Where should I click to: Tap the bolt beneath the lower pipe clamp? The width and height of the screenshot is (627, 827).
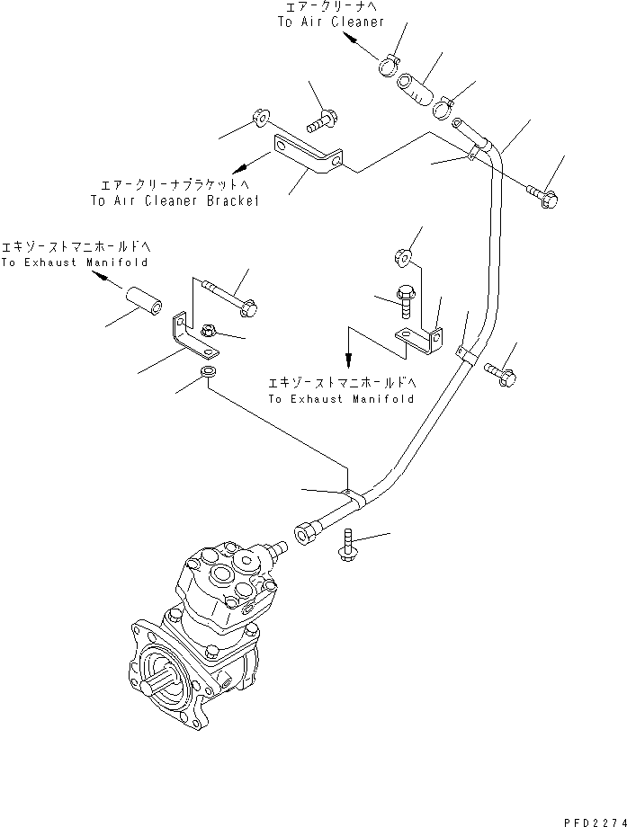[346, 546]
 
